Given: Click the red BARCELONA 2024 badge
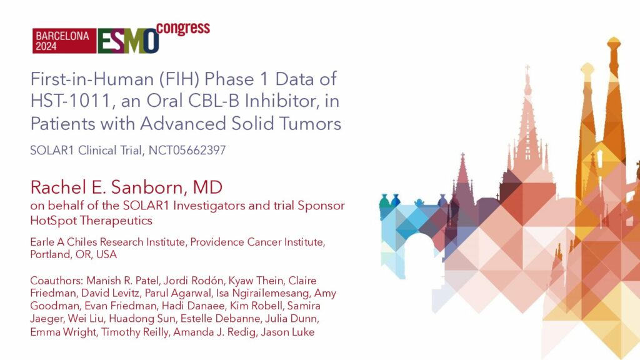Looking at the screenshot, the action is [64, 41].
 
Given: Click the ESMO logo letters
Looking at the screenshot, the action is [128, 41].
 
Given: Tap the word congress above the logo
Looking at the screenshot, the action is [183, 29].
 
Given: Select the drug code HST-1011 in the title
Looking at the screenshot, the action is [71, 101].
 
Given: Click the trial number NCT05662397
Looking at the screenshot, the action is [187, 150].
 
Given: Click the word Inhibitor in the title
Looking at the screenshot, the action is [280, 101].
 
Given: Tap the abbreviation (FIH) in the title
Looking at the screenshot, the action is [179, 79].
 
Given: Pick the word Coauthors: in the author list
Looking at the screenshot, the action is [57, 281].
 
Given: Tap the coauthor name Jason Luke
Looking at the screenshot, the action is [287, 332].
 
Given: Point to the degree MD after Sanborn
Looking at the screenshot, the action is [207, 187].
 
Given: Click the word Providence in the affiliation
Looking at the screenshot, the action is [217, 242].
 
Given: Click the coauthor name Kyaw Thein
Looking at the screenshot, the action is [256, 281].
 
